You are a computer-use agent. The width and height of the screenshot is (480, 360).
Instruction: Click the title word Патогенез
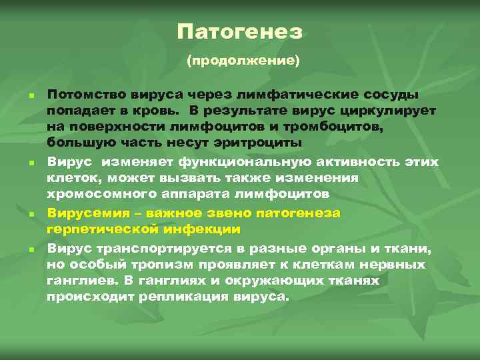(240, 31)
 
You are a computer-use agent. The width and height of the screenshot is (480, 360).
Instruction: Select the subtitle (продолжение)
(243, 61)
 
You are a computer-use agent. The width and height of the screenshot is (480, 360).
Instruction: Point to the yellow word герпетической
(97, 229)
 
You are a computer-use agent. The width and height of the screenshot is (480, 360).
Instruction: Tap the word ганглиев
(77, 281)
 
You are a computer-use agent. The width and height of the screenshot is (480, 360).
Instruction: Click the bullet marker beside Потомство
(31, 95)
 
